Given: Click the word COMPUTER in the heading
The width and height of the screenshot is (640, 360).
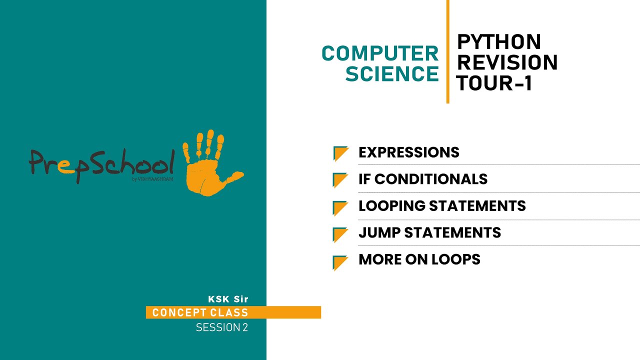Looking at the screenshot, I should tap(380, 53).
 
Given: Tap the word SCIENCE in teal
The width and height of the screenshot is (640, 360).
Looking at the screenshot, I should tap(392, 74).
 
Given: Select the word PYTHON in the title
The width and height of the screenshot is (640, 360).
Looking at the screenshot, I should tap(499, 42).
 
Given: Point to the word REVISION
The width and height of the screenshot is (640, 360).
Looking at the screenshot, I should tap(507, 62).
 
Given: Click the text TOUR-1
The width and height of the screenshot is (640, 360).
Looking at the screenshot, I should tap(493, 83).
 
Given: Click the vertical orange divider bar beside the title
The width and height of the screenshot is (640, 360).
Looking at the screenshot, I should tap(447, 51).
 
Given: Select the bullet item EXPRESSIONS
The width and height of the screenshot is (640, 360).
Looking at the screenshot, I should tap(408, 152).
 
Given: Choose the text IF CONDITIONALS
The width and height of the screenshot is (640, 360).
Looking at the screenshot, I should tap(423, 179).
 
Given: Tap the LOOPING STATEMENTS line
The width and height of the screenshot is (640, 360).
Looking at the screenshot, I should tap(442, 206).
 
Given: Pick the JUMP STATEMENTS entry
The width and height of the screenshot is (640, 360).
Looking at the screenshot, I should tap(429, 232).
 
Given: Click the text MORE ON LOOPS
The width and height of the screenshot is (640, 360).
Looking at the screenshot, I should tap(419, 259).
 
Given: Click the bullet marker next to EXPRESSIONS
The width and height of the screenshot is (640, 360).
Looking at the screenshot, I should tap(340, 153).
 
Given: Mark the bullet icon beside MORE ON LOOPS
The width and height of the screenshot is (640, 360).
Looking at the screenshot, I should tap(340, 262).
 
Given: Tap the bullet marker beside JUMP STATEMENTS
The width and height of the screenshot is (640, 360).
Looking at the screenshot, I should tap(340, 234).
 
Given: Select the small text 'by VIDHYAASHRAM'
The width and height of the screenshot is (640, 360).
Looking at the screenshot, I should tap(153, 179).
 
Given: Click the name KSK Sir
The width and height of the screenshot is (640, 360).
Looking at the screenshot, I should tap(228, 299).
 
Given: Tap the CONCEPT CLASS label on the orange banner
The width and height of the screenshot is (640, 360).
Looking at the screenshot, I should tap(200, 313).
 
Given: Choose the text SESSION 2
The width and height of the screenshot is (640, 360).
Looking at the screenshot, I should tap(221, 328).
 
